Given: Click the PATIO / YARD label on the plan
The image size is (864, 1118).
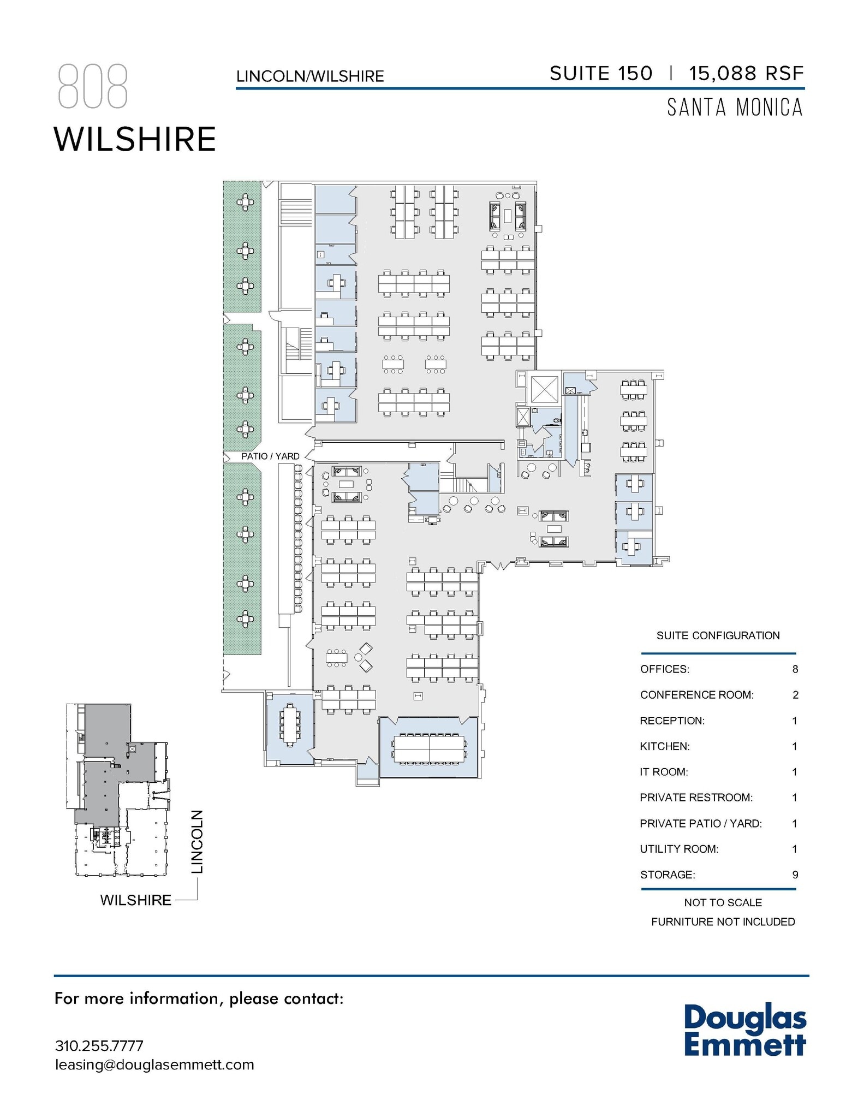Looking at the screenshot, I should point(270,456).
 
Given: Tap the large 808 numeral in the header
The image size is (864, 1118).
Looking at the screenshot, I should point(93,86).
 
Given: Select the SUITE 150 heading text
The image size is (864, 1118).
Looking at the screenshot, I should point(601,74).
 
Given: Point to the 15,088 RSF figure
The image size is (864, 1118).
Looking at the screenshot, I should point(746,74).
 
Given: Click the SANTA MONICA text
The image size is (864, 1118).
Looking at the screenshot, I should point(735,108).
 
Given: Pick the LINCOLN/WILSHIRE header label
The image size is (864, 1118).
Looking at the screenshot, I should point(310,76).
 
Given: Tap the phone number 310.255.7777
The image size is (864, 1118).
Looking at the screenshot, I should point(99,1045).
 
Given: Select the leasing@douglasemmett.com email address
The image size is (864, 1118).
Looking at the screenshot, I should point(154,1065).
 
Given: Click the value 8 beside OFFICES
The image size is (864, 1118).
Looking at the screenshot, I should point(795,669).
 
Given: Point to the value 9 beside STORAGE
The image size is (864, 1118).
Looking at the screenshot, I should point(795,875).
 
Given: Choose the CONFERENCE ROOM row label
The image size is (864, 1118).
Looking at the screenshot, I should point(696,695).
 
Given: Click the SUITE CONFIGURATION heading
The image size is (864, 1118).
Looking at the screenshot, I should point(718,635).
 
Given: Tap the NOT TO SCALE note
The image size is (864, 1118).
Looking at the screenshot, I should point(723,903).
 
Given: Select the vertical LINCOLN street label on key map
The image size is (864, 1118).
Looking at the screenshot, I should point(197,841).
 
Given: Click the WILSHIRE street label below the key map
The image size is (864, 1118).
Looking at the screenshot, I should point(136,900).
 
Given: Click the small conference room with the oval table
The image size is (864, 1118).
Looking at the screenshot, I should point(289,725).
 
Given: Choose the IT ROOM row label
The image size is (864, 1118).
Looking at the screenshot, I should point(664,772).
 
